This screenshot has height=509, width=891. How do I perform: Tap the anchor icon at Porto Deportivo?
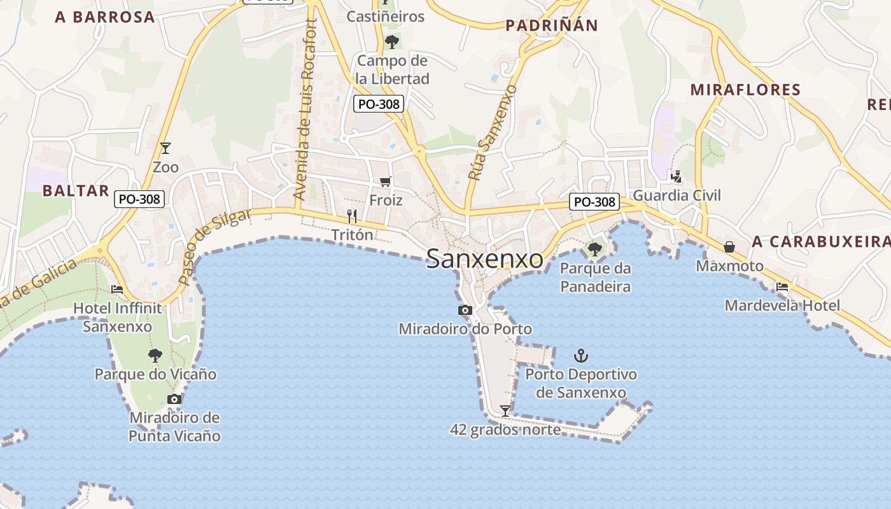tap(580, 356)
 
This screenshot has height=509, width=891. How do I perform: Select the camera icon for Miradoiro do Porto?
tap(465, 310)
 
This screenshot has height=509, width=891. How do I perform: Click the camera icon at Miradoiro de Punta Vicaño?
tap(174, 399)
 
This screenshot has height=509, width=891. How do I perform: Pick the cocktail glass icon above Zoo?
tap(165, 148)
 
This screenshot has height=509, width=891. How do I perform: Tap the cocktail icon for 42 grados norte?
tap(505, 411)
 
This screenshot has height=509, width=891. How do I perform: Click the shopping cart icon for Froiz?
tap(386, 182)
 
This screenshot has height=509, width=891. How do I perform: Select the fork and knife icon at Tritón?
tap(352, 216)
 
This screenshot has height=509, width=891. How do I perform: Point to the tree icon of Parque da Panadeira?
tap(595, 249)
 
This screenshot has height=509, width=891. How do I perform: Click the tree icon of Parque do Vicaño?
tap(155, 355)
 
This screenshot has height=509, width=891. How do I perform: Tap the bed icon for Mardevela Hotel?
tap(782, 287)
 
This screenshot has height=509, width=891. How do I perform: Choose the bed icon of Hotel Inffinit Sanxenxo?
tap(117, 289)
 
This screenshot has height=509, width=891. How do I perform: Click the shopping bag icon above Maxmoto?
tap(729, 246)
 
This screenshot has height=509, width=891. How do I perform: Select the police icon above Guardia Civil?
tap(677, 176)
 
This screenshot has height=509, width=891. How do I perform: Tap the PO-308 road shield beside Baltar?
tap(139, 199)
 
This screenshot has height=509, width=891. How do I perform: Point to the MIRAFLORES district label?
tap(745, 90)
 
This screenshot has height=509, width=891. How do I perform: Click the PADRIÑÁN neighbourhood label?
tap(552, 25)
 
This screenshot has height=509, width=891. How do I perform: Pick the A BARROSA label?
tap(105, 17)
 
